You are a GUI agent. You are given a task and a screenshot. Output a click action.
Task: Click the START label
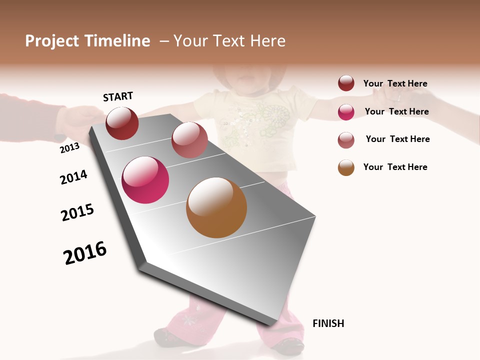tap(118, 96)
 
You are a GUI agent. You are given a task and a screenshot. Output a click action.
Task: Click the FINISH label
tap(328, 323)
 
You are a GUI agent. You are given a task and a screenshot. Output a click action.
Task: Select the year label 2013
tap(69, 148)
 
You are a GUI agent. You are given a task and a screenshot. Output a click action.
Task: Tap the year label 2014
tap(73, 177)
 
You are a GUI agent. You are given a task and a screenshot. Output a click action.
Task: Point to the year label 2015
tap(77, 212)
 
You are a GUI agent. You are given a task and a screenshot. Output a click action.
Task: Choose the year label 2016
tap(85, 253)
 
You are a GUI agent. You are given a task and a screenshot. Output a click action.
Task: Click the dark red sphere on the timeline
tap(122, 123)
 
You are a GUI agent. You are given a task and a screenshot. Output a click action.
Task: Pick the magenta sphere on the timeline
tap(145, 180)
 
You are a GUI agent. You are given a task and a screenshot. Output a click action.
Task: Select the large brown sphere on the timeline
tap(216, 207)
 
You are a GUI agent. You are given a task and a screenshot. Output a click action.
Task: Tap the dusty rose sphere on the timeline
tap(189, 140)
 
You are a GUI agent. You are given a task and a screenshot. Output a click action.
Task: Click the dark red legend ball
tap(346, 83)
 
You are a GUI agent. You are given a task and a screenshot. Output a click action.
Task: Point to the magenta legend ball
tap(346, 112)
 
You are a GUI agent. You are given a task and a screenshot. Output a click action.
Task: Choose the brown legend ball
tap(346, 167)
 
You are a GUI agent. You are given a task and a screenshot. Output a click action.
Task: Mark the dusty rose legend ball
tap(346, 140)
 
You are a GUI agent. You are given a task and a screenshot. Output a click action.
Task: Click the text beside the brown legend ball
tap(395, 167)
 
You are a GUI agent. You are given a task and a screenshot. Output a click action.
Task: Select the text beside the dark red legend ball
tap(395, 83)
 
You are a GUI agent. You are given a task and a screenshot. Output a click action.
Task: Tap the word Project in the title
tap(51, 41)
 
